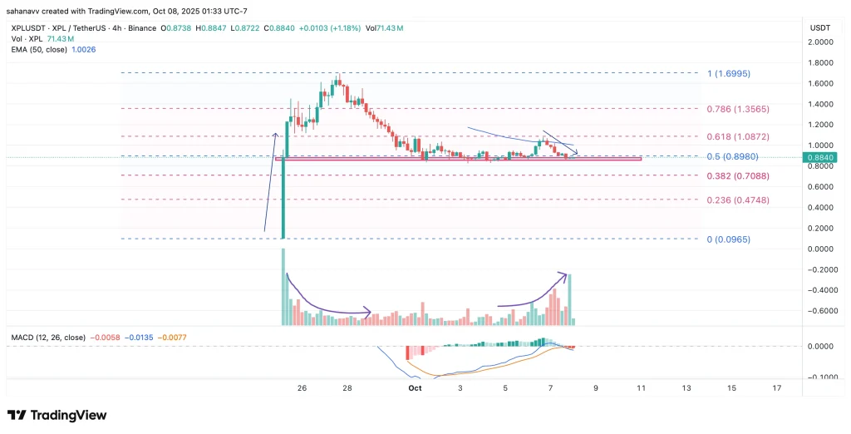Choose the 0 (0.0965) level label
(726, 239)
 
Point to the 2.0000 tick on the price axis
(820, 42)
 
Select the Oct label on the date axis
(416, 388)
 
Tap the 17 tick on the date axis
(776, 388)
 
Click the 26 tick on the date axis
(302, 388)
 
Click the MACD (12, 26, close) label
(47, 338)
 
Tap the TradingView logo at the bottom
(57, 415)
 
